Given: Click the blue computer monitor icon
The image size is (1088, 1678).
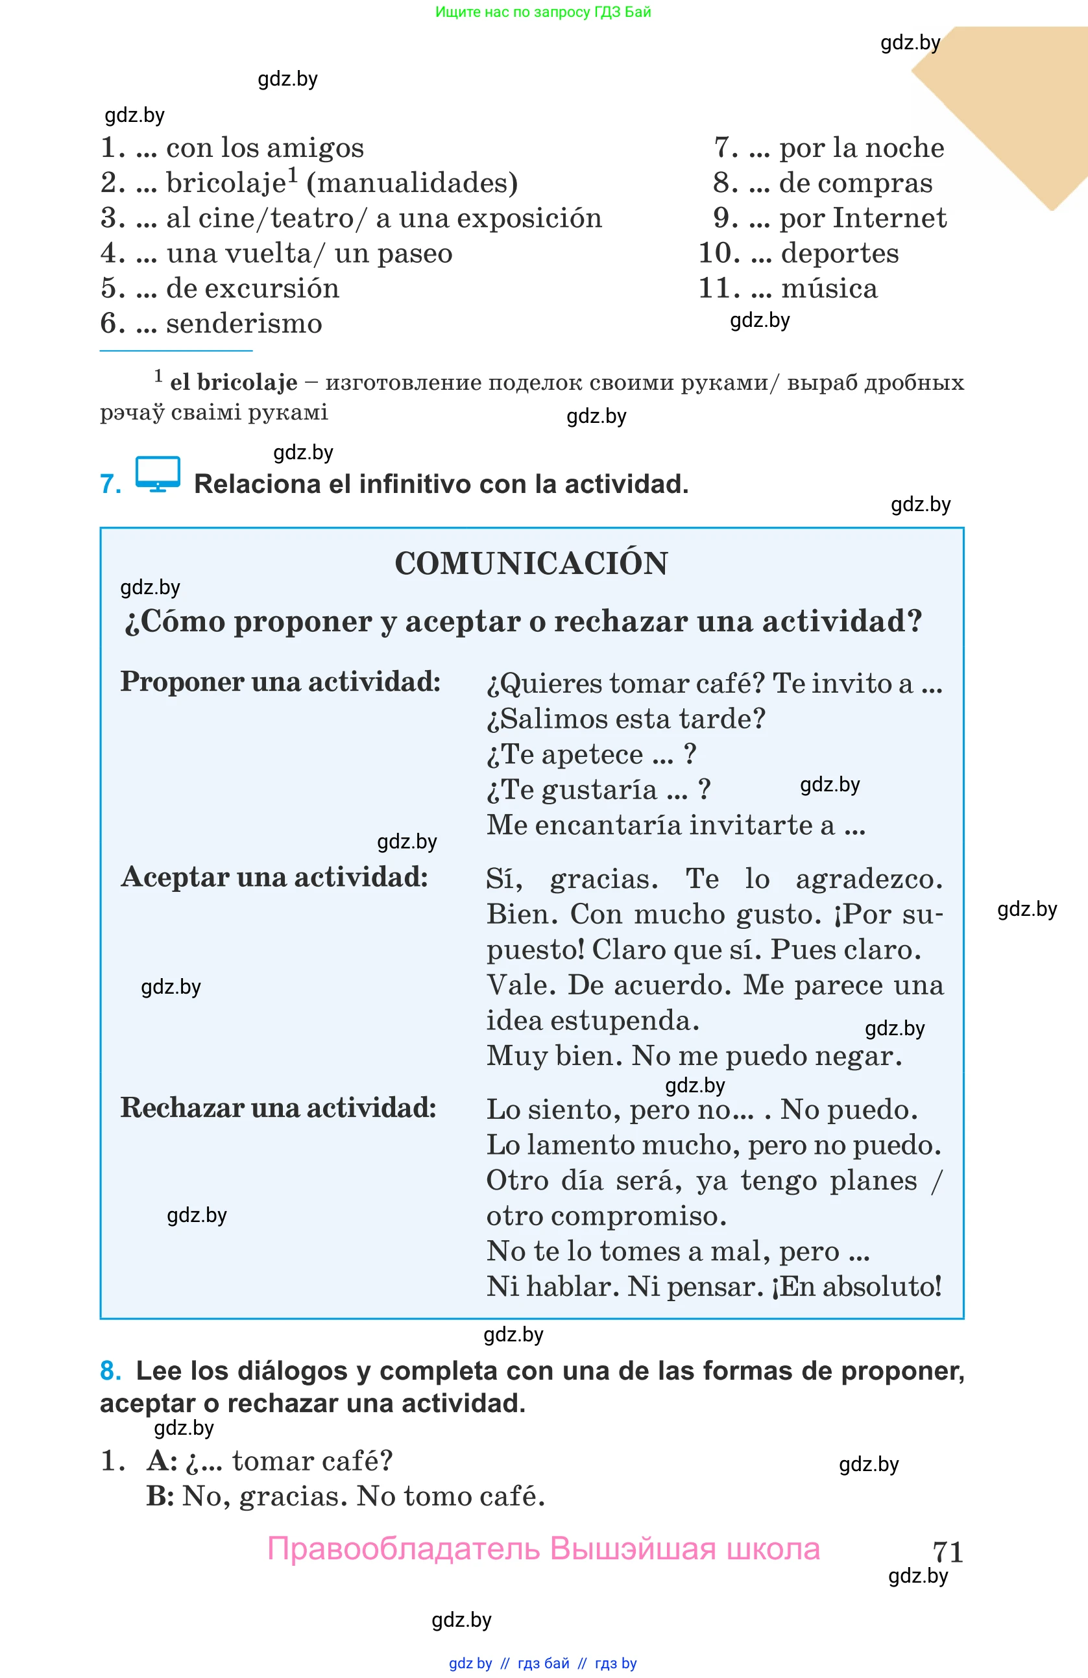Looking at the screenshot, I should (157, 473).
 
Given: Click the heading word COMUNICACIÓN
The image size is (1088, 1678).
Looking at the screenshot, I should (531, 563).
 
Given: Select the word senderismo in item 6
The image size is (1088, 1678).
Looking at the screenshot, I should (244, 324).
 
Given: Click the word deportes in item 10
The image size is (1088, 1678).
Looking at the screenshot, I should (839, 253).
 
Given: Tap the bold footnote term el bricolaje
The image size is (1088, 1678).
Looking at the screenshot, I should (234, 382).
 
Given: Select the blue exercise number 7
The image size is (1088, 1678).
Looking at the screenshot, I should (110, 485).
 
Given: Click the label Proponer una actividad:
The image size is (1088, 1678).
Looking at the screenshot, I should (280, 682).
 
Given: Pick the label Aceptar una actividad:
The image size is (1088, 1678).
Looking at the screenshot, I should (274, 877).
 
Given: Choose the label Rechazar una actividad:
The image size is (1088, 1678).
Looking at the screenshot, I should (278, 1108).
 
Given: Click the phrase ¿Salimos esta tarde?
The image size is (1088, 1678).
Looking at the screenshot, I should (625, 719).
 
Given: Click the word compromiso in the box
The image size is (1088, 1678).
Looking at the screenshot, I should (638, 1216).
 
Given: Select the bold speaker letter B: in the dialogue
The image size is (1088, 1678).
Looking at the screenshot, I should (160, 1496).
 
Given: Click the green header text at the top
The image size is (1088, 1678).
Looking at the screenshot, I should (543, 12).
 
